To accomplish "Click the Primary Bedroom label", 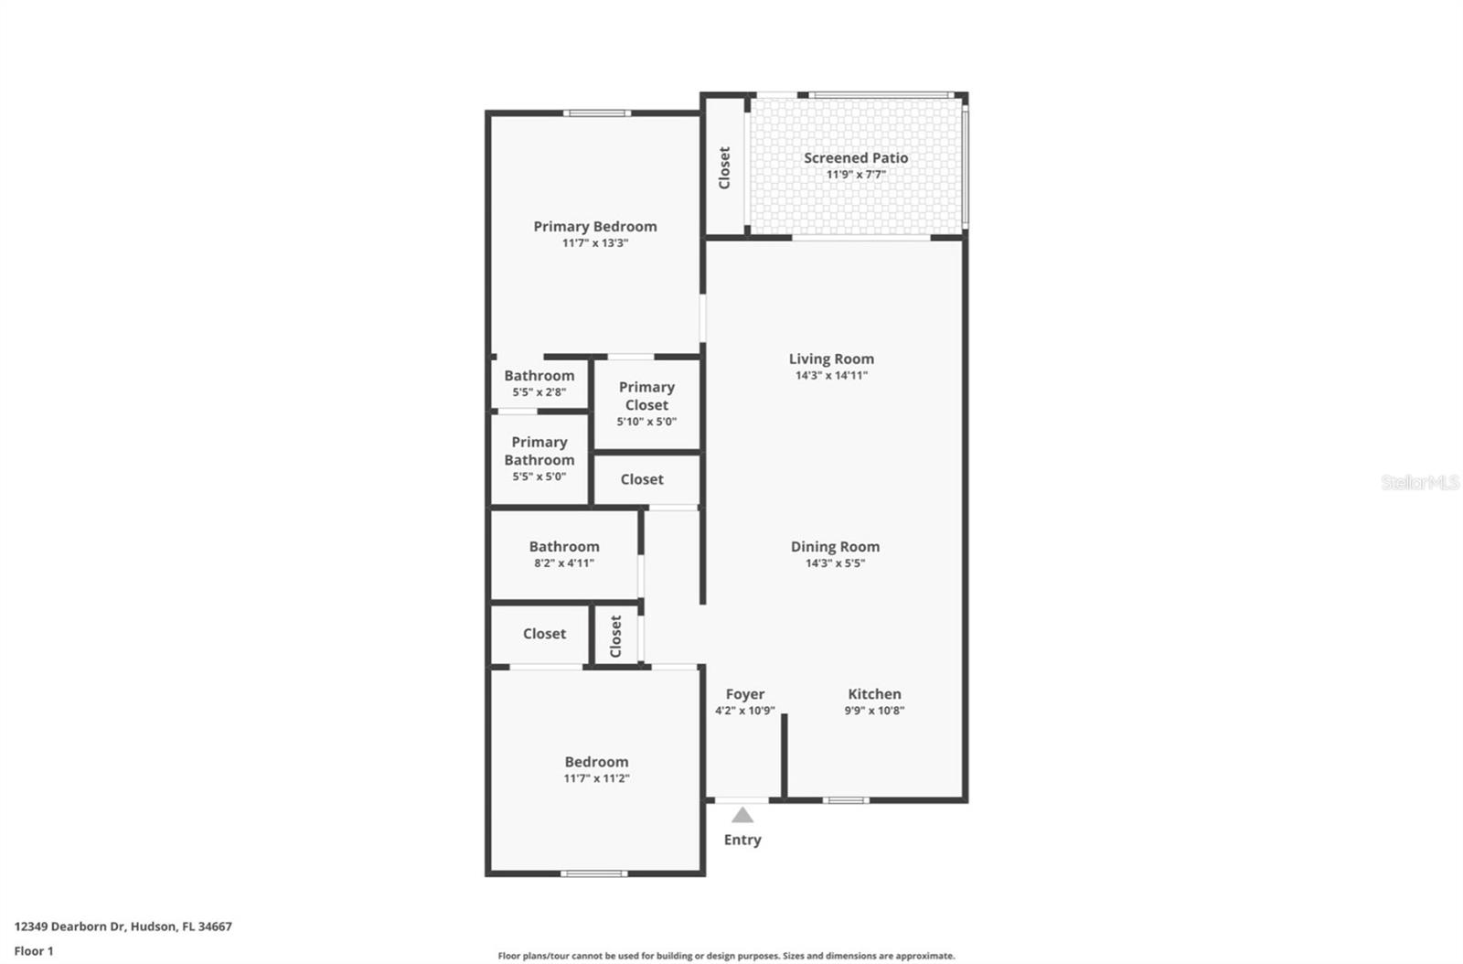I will click(595, 227).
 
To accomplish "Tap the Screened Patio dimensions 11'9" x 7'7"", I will click(856, 175).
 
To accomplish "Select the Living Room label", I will click(831, 359).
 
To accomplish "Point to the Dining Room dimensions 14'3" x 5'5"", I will click(835, 563).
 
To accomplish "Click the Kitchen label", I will click(874, 694).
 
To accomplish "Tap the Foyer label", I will click(745, 694).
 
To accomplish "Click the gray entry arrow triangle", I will click(742, 815).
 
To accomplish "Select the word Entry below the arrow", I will click(742, 840).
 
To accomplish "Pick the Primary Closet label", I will click(646, 396).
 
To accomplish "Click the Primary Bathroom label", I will click(539, 451).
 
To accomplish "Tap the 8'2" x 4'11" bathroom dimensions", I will click(564, 563).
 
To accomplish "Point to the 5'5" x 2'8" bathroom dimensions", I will click(539, 392).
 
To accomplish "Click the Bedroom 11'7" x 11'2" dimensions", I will click(596, 778).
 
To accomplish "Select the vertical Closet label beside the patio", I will click(724, 168).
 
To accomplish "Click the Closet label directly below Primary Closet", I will click(642, 479).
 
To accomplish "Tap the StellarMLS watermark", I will click(1420, 482).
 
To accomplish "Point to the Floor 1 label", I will click(34, 951).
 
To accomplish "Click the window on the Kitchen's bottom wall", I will click(846, 800).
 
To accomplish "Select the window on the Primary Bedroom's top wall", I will click(596, 113).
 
